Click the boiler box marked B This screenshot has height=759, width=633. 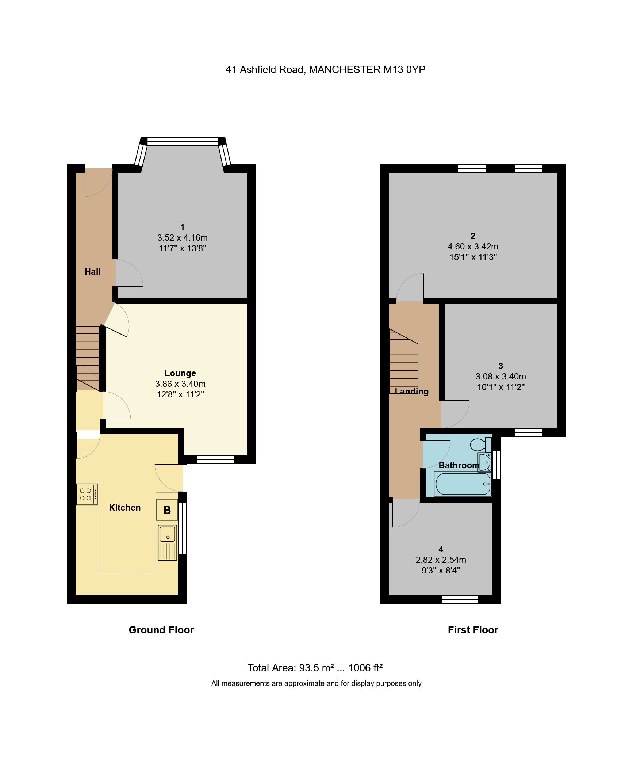point(167,510)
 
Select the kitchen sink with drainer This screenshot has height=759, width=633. point(168,542)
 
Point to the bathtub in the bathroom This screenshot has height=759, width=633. point(463,484)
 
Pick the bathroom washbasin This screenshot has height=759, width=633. point(485,462)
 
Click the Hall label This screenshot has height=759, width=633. point(93,272)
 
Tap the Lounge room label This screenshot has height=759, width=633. point(180,373)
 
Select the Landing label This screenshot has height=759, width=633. point(411,392)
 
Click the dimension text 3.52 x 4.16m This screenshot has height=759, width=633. point(183,238)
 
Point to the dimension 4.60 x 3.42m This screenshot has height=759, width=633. point(473,247)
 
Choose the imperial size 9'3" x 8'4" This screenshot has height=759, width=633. point(441,571)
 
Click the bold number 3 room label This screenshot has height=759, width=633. point(500,366)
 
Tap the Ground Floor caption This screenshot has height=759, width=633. point(161,630)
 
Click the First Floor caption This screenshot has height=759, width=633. point(473,630)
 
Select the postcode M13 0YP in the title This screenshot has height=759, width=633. point(404,70)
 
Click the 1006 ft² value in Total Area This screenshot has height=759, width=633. point(365,668)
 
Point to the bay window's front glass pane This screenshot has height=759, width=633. point(183,142)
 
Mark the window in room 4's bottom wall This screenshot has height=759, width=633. point(460,599)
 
